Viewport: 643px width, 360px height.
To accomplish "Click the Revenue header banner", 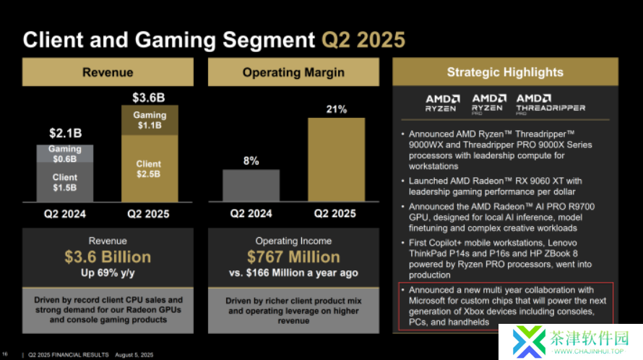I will [108, 72].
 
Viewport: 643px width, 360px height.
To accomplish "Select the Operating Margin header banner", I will [293, 72].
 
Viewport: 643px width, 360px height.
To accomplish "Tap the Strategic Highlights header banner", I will [504, 72].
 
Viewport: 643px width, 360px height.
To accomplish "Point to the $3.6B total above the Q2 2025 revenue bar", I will [148, 98].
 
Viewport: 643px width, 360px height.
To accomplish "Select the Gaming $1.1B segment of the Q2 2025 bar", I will [149, 120].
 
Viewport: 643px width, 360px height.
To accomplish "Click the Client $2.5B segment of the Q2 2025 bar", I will [149, 168].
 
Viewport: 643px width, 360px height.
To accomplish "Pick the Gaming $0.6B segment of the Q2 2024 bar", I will [65, 153].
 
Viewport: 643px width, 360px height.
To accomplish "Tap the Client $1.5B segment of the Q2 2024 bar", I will [65, 182].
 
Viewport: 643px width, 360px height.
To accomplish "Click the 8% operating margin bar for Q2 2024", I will [251, 185].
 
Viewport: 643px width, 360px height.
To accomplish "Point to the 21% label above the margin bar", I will [337, 109].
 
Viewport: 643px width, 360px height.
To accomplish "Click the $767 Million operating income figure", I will [293, 257].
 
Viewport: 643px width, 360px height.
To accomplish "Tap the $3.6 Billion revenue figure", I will [108, 257].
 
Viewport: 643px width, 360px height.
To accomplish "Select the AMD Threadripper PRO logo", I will [550, 103].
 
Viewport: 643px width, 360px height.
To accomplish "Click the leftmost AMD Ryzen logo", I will [441, 103].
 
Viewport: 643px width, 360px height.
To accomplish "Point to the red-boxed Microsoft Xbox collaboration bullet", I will [504, 306].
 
